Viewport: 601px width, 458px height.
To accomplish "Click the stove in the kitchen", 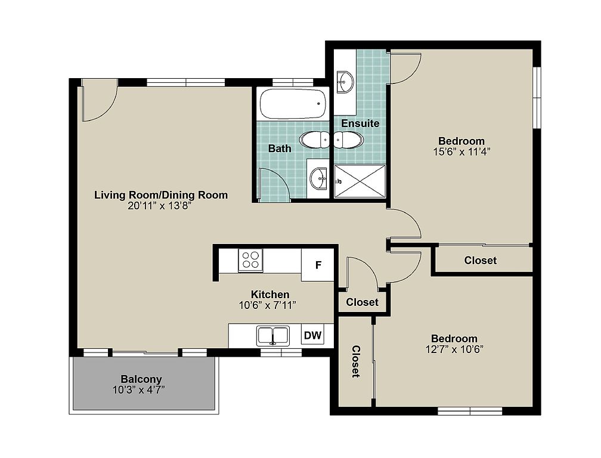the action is tap(250, 260).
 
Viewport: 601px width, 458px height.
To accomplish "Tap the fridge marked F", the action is tap(317, 265).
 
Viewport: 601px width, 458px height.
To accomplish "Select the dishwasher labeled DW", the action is tap(312, 336).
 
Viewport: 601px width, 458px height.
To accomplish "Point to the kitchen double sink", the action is tap(273, 336).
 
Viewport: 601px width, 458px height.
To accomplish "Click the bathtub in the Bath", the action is tap(293, 104).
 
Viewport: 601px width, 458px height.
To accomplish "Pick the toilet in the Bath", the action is tap(314, 140).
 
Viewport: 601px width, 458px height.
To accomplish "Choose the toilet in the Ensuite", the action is tap(348, 140).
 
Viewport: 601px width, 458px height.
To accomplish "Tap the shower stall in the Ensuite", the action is tap(360, 181).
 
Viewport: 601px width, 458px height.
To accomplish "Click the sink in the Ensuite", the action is tap(345, 82).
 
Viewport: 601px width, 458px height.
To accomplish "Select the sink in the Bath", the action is tap(318, 178).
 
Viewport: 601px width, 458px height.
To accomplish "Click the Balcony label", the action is tap(141, 379).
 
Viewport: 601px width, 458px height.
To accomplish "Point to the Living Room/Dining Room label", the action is tap(161, 194).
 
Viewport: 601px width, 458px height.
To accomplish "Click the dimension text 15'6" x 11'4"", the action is tap(462, 152).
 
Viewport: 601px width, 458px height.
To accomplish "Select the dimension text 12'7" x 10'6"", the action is tap(454, 349).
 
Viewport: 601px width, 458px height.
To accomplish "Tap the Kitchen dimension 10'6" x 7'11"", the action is tap(268, 305).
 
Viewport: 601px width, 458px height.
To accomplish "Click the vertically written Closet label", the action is tap(356, 361).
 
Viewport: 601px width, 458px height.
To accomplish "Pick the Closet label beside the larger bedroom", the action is tap(481, 261).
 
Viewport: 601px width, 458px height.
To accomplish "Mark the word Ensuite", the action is tap(360, 123).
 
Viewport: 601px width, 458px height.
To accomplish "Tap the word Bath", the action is tap(280, 148).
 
